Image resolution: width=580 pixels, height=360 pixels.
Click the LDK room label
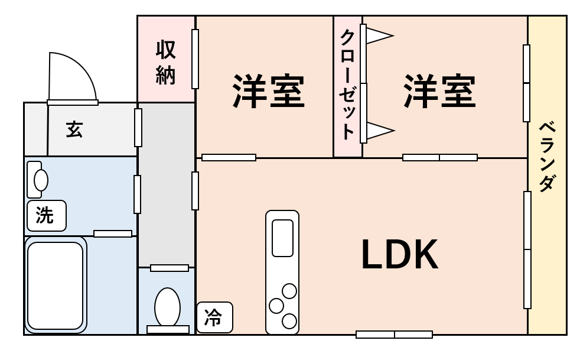[399, 254]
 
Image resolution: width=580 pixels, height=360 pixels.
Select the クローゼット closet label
[347, 85]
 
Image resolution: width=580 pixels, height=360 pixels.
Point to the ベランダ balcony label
[548, 156]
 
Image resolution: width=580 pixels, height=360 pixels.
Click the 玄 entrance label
[74, 129]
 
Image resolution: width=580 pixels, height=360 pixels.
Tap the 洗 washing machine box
[47, 216]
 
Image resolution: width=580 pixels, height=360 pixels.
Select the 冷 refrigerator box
[214, 317]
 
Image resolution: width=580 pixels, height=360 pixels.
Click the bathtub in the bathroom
[55, 285]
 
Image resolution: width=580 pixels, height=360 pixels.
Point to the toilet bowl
[168, 307]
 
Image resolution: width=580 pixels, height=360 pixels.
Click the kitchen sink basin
[282, 238]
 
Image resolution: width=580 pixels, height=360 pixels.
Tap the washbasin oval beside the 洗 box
[41, 180]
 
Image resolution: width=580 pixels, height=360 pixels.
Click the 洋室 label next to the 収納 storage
[268, 91]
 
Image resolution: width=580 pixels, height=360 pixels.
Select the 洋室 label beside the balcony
[439, 91]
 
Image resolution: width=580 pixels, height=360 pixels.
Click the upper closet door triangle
[380, 36]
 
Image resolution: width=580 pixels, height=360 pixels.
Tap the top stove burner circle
[289, 291]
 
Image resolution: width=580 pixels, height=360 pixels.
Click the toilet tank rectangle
[168, 329]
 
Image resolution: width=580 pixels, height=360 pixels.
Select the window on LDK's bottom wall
[395, 335]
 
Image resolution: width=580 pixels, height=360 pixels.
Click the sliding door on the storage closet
[195, 59]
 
